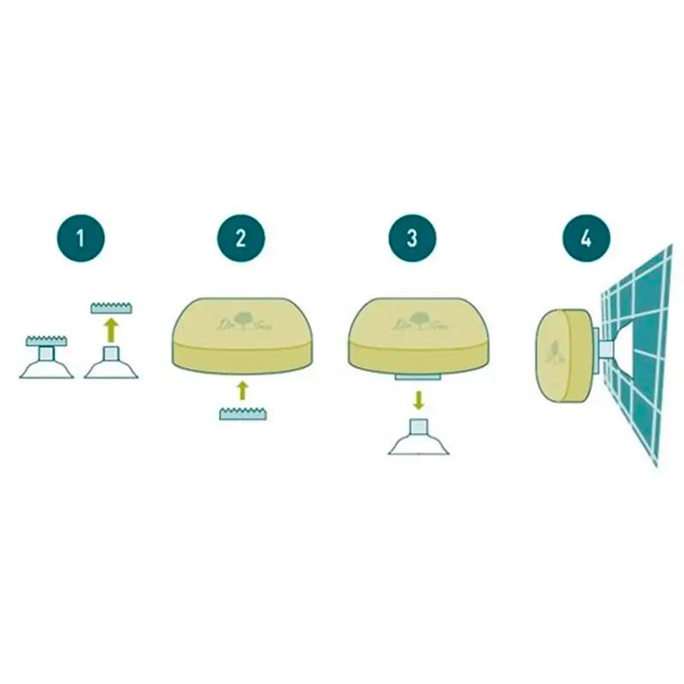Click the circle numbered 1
point(81,236)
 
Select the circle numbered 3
point(411,236)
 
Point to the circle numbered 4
point(585,236)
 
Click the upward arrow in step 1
point(109,329)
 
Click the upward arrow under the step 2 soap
point(242,392)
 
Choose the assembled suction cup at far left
point(46,359)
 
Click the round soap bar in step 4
point(564,351)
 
